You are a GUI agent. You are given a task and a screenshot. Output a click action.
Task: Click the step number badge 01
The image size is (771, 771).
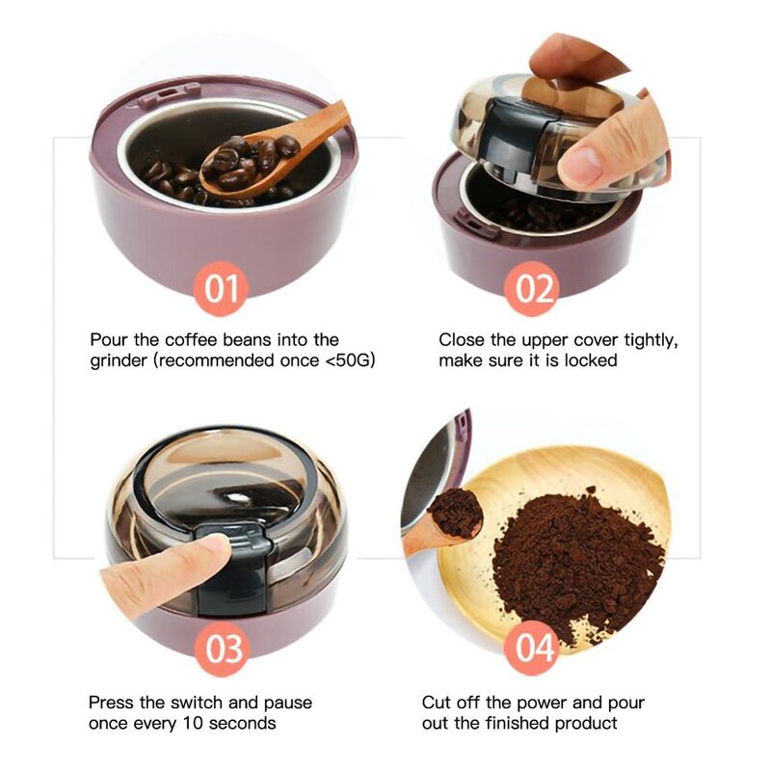222,288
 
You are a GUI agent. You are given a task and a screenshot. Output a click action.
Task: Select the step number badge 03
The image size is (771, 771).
222,649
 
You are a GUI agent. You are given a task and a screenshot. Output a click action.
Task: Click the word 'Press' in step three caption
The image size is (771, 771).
111,703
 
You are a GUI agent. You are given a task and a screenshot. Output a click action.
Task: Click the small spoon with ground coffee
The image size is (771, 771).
448,520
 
